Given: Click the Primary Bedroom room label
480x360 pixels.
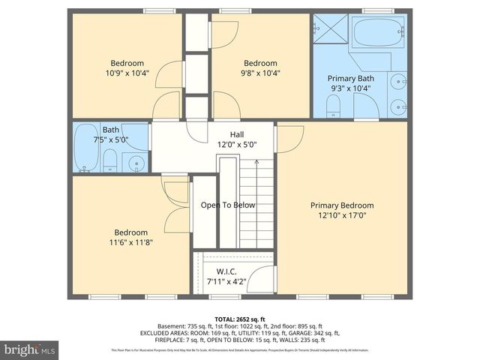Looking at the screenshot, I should click(342, 205).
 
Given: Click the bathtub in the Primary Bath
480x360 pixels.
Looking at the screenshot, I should click(378, 33).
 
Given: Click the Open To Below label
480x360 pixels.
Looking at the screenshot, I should click(228, 205).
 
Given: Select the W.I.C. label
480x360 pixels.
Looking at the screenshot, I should click(227, 271).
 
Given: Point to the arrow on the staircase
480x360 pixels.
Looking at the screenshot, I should click(256, 161).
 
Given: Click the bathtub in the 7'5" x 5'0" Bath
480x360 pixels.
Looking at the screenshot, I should click(85, 147).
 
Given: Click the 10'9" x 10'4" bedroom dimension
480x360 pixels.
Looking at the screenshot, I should click(127, 73).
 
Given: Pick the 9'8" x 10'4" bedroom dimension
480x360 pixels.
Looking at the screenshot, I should click(260, 73).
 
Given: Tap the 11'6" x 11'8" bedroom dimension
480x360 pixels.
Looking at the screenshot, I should click(130, 242).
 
